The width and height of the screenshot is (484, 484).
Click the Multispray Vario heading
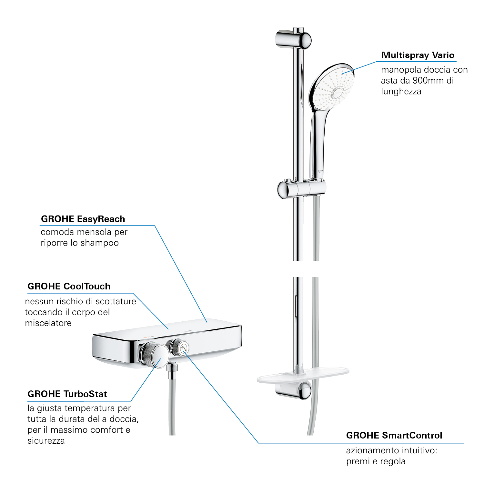click(x=418, y=55)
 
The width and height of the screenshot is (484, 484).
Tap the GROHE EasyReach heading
click(x=83, y=219)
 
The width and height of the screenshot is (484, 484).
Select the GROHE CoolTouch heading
click(x=69, y=286)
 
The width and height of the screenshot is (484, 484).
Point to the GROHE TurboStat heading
click(x=67, y=394)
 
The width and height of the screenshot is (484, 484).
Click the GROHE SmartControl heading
click(x=394, y=435)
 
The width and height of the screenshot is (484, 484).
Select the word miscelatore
click(x=48, y=323)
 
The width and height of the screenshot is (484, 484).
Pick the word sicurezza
click(x=46, y=441)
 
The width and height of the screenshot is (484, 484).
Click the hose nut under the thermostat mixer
click(x=172, y=367)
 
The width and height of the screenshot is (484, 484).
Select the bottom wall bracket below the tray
click(x=293, y=390)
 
